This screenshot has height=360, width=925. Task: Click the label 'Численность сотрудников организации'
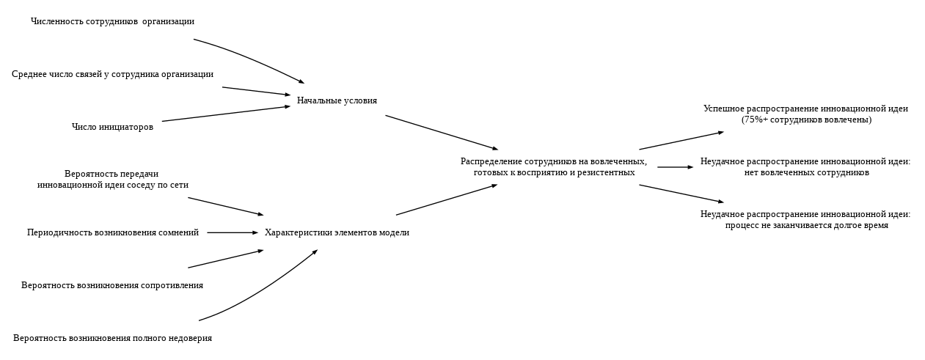[112, 22]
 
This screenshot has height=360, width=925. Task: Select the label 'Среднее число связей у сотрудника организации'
[112, 74]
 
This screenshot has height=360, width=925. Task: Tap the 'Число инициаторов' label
[112, 127]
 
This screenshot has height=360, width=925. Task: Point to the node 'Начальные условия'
[337, 100]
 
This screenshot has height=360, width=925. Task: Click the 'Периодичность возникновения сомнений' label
[112, 232]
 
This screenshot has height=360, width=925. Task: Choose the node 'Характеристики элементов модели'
[337, 232]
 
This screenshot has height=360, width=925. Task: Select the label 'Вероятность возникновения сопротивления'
[112, 285]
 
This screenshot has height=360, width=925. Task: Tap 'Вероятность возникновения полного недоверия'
[112, 338]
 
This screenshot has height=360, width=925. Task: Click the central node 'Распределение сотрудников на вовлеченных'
[554, 161]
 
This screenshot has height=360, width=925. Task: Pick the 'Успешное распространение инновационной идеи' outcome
[805, 109]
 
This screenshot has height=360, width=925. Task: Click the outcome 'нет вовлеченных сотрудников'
[806, 173]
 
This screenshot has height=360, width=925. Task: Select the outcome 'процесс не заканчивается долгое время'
[806, 226]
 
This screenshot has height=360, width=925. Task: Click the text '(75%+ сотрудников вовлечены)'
[806, 120]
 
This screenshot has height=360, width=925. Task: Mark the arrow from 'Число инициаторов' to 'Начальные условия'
[226, 114]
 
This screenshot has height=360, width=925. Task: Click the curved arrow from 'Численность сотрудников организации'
[249, 59]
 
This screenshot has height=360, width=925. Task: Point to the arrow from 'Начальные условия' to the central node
[442, 133]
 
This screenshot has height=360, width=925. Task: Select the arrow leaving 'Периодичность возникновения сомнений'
[233, 232]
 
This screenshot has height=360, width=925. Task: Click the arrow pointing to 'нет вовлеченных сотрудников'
[675, 167]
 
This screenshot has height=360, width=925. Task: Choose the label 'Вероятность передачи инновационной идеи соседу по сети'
[112, 180]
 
